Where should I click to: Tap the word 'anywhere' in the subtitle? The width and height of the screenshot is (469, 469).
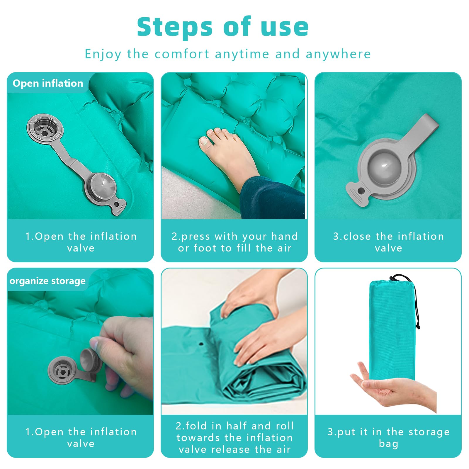tap(338, 54)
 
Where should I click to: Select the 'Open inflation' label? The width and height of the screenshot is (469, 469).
tap(48, 83)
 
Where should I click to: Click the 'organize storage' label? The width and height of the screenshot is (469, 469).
tap(47, 281)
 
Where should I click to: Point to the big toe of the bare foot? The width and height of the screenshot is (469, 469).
tap(204, 141)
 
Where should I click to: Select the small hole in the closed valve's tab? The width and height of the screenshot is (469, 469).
tap(361, 191)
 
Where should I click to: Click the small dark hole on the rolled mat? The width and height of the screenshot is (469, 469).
tap(201, 344)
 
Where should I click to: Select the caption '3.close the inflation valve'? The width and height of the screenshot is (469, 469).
tap(388, 242)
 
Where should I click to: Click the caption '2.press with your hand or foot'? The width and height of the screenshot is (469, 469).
tap(235, 242)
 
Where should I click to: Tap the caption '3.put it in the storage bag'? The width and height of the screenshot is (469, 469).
tap(388, 438)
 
